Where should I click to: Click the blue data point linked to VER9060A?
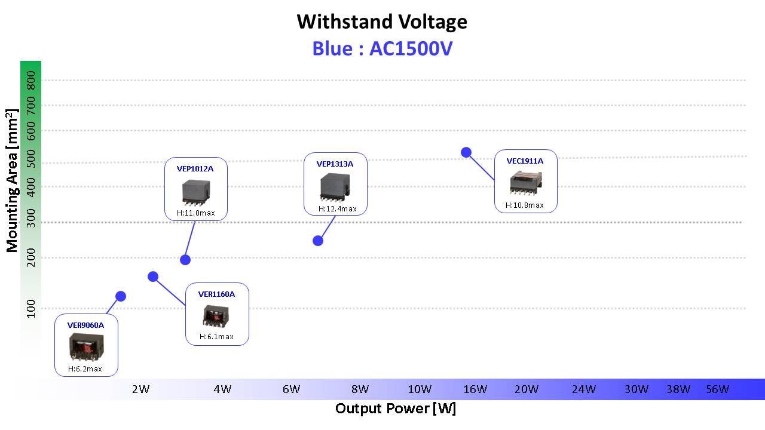click(121, 296)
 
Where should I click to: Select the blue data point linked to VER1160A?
click(153, 277)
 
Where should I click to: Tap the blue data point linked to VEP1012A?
click(185, 260)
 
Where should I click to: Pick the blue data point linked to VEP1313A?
click(318, 241)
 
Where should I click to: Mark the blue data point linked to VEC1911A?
click(466, 152)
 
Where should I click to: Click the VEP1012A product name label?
click(195, 168)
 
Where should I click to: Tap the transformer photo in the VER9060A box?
click(86, 346)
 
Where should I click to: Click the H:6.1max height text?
click(216, 337)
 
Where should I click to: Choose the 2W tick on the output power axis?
click(140, 389)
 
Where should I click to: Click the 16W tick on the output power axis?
click(475, 389)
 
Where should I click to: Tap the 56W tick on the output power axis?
click(717, 389)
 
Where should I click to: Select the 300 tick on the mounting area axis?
click(31, 223)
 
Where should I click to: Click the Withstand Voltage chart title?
click(382, 22)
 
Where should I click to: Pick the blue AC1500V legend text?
click(382, 48)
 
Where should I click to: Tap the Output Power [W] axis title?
click(395, 409)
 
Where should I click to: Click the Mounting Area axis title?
click(12, 180)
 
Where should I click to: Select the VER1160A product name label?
click(216, 294)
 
